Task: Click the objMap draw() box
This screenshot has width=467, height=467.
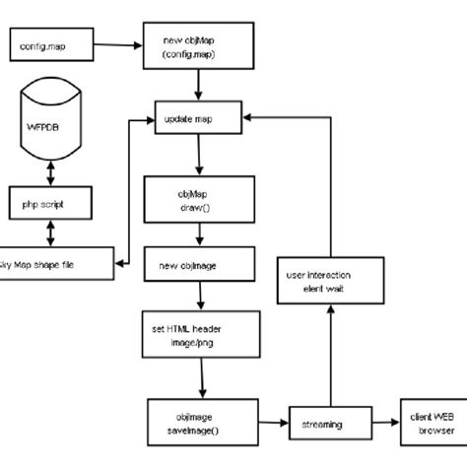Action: click(x=201, y=199)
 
